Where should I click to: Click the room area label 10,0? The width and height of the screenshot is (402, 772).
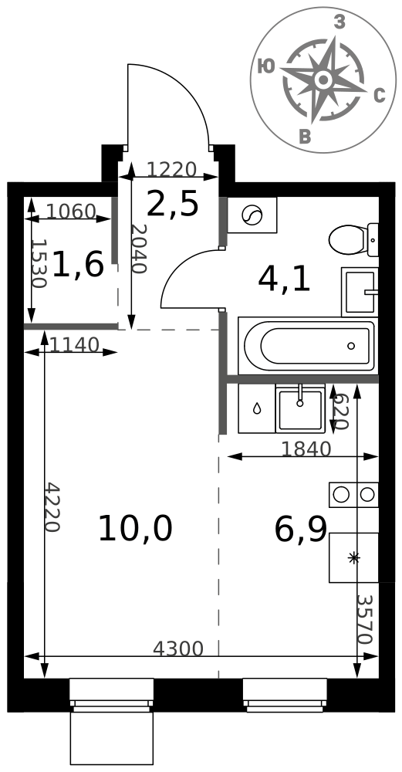coord(135,528)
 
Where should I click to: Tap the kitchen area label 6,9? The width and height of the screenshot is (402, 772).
coord(301,530)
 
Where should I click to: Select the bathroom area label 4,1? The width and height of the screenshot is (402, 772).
coord(284,280)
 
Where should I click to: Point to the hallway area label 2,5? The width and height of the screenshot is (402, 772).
coord(173,205)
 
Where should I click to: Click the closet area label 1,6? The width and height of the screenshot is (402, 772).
coord(78,264)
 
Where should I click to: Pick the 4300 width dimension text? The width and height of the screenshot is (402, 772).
coord(177,648)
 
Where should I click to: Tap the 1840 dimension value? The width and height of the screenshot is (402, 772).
coord(306,449)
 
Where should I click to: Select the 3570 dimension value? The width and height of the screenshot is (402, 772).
coord(365,620)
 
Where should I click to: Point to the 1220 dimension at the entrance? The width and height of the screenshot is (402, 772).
coord(172,170)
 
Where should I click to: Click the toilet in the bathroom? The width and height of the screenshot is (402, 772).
coord(353,240)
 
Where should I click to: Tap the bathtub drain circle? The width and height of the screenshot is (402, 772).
coord(351,346)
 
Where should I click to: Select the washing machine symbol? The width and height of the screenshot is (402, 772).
coord(252,215)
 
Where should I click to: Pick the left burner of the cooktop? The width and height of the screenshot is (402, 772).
coord(341,494)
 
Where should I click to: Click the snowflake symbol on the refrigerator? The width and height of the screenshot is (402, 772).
coord(354,558)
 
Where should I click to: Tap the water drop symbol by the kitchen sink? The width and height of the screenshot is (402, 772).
coord(257,408)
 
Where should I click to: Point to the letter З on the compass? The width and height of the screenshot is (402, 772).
coord(339,22)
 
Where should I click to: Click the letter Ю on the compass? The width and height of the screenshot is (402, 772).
coord(266,66)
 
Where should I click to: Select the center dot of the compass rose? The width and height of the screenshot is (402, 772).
coord(323,80)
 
